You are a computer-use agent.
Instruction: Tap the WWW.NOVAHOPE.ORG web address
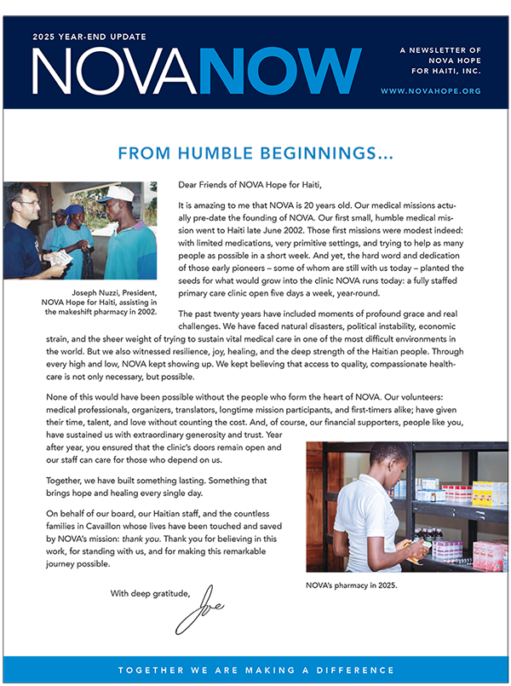431,90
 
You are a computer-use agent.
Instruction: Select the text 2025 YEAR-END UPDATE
89,37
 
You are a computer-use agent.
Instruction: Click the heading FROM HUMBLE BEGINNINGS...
255,154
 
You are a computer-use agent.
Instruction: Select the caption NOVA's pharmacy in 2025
351,585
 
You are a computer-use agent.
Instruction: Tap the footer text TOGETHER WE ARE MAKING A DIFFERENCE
255,671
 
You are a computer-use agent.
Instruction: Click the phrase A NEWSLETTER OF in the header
440,50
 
